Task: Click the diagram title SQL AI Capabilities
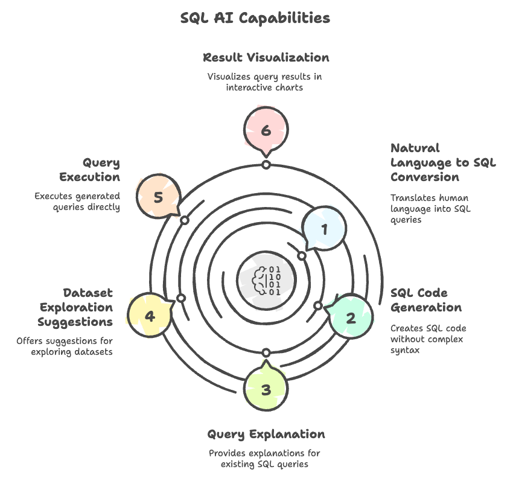(255, 18)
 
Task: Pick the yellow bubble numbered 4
(150, 316)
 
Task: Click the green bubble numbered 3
(266, 390)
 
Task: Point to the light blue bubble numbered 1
(324, 229)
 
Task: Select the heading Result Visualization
(266, 58)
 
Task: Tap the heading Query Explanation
(266, 435)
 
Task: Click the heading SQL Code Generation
(426, 300)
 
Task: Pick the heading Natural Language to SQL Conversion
(442, 162)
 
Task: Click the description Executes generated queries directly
(77, 202)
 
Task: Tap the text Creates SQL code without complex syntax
(428, 339)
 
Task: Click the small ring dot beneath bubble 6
(266, 165)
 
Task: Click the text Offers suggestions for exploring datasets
(65, 346)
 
